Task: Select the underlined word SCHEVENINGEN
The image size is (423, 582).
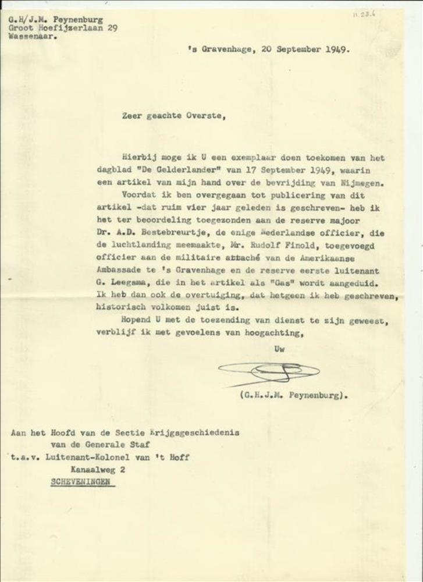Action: point(83,482)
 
